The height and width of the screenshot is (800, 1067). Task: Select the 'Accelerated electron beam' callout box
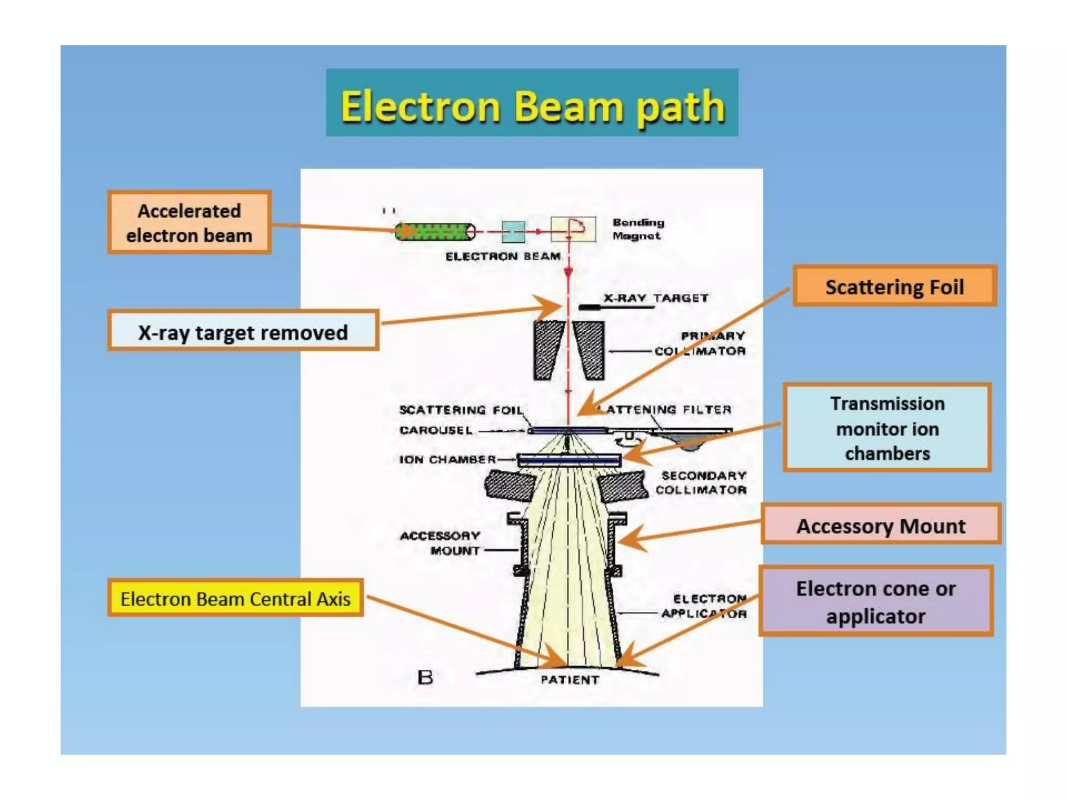[x=189, y=223]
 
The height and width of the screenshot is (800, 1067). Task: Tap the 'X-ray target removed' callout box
[x=243, y=332]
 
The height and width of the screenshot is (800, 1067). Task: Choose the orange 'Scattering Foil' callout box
[x=895, y=286]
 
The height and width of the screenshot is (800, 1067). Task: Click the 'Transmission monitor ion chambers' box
[x=887, y=428]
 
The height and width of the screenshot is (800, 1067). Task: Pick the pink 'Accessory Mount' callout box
[x=880, y=526]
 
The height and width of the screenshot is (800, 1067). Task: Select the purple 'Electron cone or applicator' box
[x=876, y=602]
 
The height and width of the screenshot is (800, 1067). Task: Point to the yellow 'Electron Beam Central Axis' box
[x=235, y=598]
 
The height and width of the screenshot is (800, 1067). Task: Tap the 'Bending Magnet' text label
[x=638, y=229]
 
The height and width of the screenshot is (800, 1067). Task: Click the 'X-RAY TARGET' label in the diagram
[x=656, y=298]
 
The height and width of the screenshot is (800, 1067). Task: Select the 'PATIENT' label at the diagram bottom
[x=569, y=680]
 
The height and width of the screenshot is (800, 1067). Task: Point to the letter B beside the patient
[x=425, y=678]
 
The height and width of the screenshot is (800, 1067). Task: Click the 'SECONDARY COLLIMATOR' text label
[x=701, y=483]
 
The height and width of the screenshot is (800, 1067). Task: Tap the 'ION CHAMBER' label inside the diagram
[x=448, y=459]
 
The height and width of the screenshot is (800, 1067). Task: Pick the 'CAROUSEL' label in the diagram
[x=436, y=430]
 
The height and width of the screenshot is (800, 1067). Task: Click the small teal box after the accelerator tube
[x=513, y=232]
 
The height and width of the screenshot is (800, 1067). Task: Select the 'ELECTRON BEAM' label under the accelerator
[x=503, y=256]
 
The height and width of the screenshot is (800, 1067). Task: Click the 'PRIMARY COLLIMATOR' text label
[x=700, y=343]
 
